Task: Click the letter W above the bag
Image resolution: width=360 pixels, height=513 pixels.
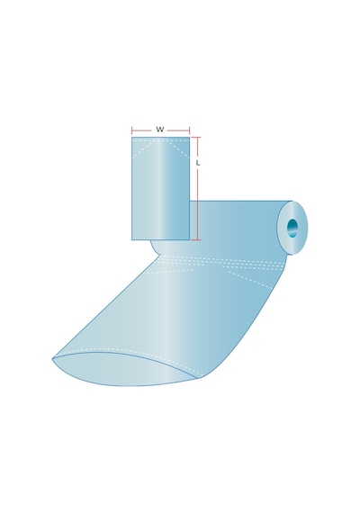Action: (x=159, y=130)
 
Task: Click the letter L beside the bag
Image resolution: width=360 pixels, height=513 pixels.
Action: (x=198, y=163)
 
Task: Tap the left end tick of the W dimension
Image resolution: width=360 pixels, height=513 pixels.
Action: (x=132, y=130)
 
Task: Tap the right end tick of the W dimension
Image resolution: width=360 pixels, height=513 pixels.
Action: (x=190, y=130)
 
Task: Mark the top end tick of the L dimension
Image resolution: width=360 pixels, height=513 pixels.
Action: (x=196, y=137)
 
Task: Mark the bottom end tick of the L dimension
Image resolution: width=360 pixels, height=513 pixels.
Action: (x=196, y=239)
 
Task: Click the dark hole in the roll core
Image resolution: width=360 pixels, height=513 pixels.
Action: (x=292, y=228)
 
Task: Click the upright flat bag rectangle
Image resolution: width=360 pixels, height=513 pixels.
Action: (x=161, y=188)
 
